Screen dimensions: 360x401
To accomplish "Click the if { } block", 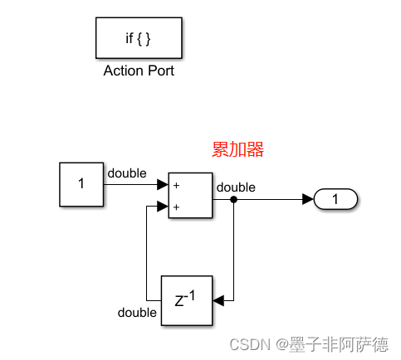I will (139, 38).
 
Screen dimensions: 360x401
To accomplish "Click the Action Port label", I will (139, 71).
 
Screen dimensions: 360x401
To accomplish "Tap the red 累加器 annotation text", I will (238, 149).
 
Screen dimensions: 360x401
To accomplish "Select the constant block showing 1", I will (81, 184).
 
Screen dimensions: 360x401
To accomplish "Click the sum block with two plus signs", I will (190, 196).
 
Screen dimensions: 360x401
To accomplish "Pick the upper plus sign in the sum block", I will (177, 186).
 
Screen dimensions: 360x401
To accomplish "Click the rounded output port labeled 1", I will (335, 199).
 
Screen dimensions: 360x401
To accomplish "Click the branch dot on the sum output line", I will (234, 199).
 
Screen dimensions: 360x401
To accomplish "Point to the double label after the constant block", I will (126, 173).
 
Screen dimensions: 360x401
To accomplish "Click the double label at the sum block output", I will (236, 187).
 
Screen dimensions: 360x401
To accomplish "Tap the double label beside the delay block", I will (137, 313).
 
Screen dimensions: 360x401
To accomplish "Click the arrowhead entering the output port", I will (308, 199).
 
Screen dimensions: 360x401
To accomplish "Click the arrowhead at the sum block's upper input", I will (163, 185).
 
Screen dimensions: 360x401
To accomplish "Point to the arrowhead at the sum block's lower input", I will (163, 207).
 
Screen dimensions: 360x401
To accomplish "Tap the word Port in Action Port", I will (159, 71).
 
